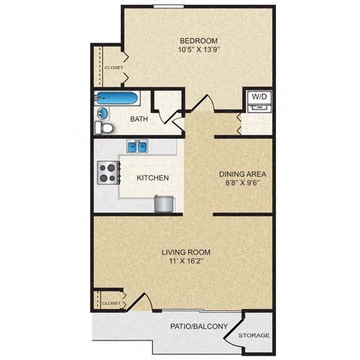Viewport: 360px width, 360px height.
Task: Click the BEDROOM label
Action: pos(198,40)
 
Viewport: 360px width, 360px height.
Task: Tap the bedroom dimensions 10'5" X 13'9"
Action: pos(198,50)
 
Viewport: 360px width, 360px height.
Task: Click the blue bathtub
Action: pos(117,98)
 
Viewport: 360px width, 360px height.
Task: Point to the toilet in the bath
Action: pos(106,128)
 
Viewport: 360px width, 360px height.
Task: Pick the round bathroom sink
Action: pos(103,113)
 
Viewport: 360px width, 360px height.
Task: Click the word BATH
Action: pos(139,119)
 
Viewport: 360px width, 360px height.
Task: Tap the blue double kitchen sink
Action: pos(137,147)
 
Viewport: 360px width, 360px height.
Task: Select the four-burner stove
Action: pos(107,174)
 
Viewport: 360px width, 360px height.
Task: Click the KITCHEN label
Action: pos(152,178)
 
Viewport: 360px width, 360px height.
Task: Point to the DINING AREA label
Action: pos(242,174)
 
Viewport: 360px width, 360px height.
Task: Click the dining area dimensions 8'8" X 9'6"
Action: pos(242,184)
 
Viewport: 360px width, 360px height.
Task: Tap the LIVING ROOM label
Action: pos(185,252)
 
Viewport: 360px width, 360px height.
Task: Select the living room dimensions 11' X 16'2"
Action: pos(185,262)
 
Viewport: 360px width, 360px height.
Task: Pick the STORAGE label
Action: pos(253,335)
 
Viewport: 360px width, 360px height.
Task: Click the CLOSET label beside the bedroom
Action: pos(114,67)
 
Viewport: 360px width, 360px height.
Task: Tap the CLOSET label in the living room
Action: pos(110,303)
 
